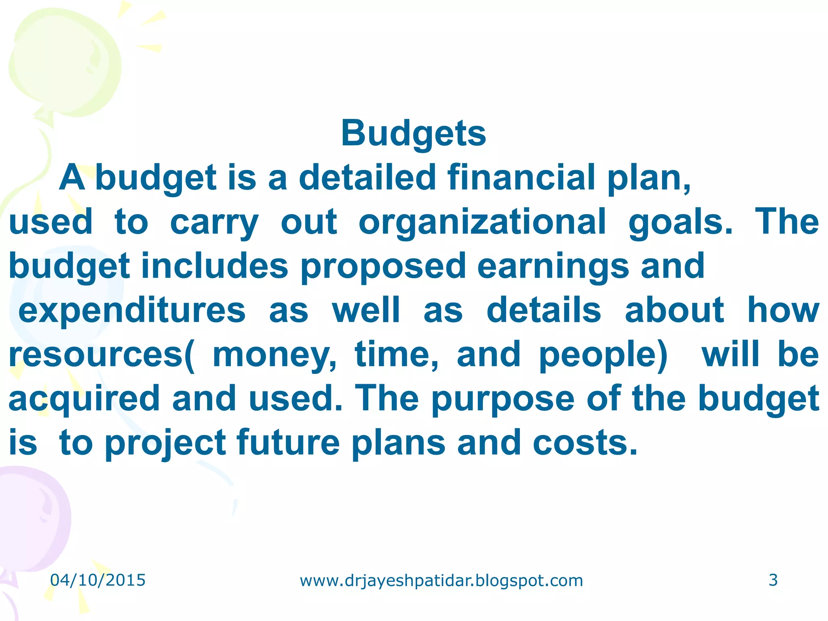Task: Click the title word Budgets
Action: [413, 133]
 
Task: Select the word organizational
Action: [482, 222]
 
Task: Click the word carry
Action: [214, 222]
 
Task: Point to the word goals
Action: [680, 222]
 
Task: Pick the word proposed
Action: [383, 266]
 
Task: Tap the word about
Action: [674, 310]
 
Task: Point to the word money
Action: [274, 355]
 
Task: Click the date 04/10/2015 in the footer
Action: [98, 580]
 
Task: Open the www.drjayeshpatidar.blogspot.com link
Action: [441, 581]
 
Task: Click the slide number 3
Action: [773, 580]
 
